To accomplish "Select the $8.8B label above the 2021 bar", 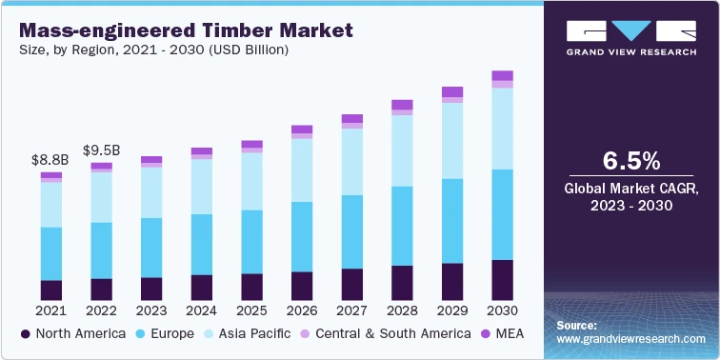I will (50, 160).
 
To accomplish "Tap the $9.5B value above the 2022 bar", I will (101, 150).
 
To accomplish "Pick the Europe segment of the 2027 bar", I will (351, 231).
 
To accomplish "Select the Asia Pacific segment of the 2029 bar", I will (451, 140).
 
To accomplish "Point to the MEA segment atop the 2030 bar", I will (502, 75).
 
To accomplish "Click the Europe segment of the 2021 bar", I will (50, 253).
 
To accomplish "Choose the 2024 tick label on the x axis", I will (201, 311).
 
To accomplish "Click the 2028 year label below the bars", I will (402, 311).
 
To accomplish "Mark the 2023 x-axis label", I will (150, 311).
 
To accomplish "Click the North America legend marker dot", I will (27, 334).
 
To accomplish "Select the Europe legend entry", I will (166, 334).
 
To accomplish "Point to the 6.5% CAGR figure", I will (630, 159).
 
